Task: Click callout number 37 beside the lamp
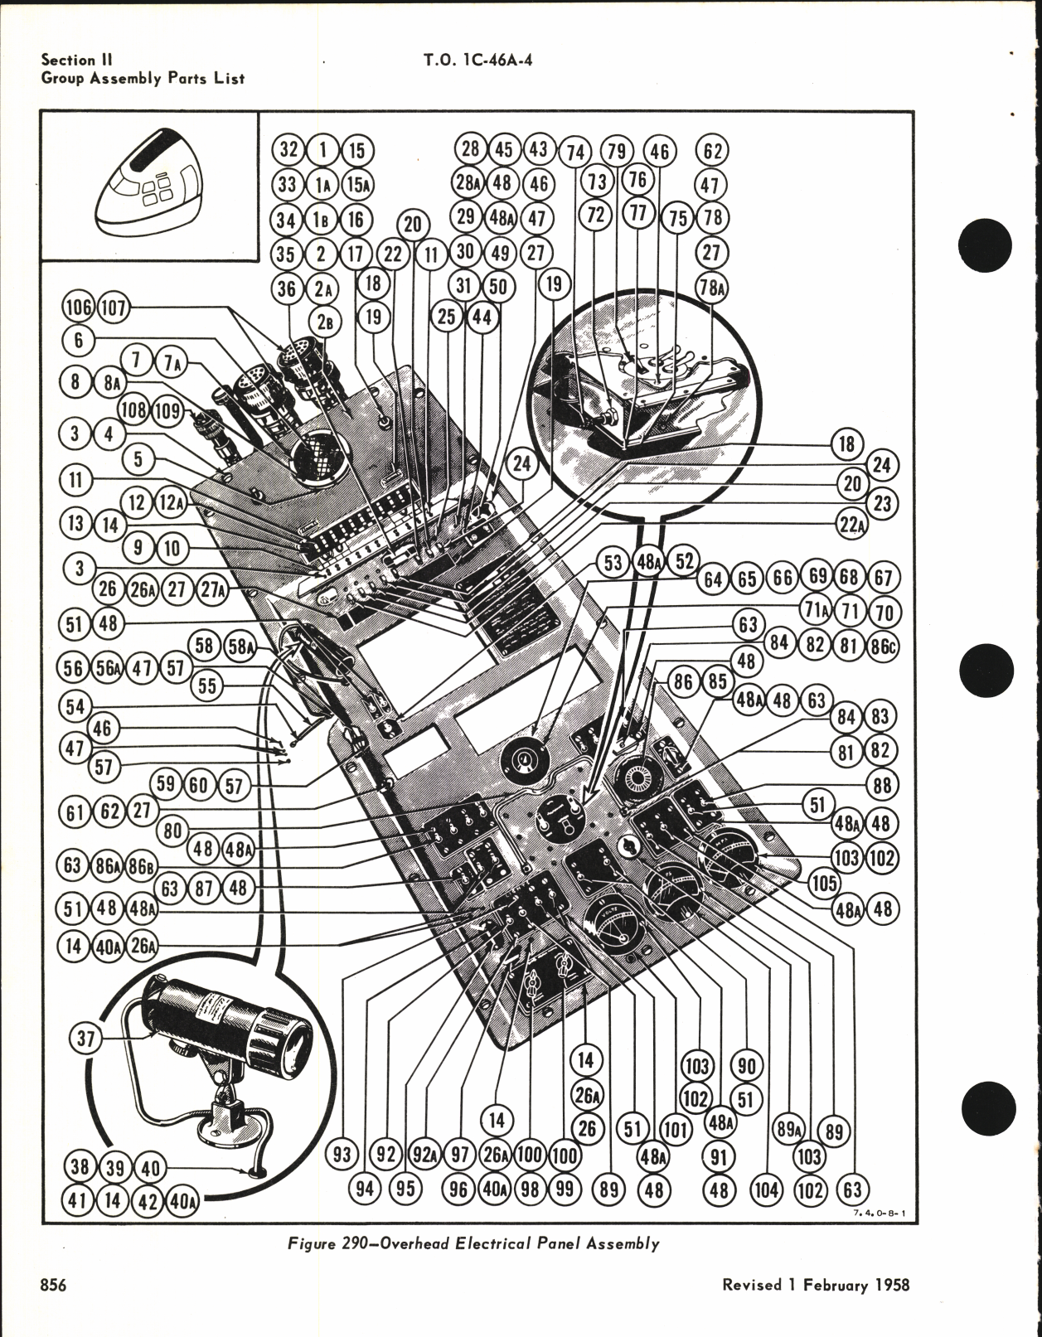pyautogui.click(x=86, y=1039)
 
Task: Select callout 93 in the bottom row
pyautogui.click(x=342, y=1155)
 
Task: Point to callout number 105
pyautogui.click(x=823, y=884)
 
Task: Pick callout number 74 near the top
pyautogui.click(x=575, y=152)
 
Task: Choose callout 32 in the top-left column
pyautogui.click(x=288, y=150)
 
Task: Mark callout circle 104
pyautogui.click(x=766, y=1190)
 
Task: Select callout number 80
pyautogui.click(x=172, y=831)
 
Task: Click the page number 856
pyautogui.click(x=53, y=1286)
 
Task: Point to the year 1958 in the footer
pyautogui.click(x=889, y=1286)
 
